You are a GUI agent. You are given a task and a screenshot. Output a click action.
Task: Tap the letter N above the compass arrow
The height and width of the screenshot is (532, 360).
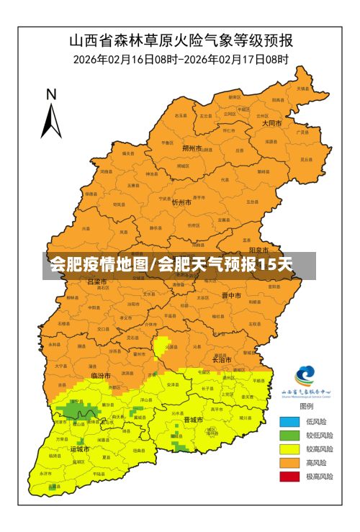click(x=51, y=94)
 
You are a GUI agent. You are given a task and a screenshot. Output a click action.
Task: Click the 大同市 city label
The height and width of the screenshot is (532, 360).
click(x=271, y=123)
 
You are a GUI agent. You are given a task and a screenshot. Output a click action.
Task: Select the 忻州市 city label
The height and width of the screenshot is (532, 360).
click(x=181, y=203)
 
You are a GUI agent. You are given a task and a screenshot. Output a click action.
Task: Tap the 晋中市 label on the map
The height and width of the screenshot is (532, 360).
click(x=231, y=295)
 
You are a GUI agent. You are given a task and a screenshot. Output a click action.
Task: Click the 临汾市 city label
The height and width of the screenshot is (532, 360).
click(x=101, y=376)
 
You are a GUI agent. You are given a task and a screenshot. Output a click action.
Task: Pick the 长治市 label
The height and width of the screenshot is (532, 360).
click(x=220, y=360)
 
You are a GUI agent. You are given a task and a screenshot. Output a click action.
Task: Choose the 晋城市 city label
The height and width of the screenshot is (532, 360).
click(x=193, y=420)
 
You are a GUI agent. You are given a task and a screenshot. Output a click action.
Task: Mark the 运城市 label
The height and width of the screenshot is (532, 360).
click(x=80, y=448)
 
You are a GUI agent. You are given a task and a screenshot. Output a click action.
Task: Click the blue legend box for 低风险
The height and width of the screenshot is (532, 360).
click(x=289, y=422)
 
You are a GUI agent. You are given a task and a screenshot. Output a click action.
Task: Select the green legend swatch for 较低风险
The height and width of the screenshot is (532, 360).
click(x=289, y=436)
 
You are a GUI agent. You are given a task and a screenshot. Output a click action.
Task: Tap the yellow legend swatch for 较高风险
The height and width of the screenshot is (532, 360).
click(x=289, y=449)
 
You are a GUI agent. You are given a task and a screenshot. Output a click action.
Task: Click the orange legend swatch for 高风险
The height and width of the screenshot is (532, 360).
click(x=289, y=463)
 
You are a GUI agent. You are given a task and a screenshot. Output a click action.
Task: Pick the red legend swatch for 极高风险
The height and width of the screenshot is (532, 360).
click(x=289, y=477)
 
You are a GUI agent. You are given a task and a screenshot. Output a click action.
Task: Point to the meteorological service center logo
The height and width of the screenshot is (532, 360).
click(x=305, y=376)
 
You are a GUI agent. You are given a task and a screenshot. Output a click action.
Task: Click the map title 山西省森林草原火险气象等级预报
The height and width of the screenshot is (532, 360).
click(x=181, y=39)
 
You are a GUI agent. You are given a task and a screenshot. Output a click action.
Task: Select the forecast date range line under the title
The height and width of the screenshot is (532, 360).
click(x=181, y=59)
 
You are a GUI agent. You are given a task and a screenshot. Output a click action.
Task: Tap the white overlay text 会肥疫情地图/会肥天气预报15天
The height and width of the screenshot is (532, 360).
click(x=171, y=266)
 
